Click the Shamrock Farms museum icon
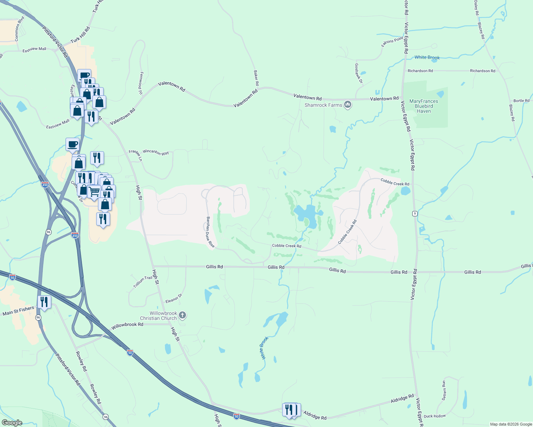click(x=348, y=105)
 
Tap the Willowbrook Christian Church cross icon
click(x=182, y=315)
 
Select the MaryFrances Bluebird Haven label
click(x=424, y=106)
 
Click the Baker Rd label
click(x=256, y=78)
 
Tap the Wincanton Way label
click(x=156, y=152)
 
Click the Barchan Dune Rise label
click(x=211, y=232)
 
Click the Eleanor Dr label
click(x=174, y=299)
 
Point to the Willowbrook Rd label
click(x=127, y=325)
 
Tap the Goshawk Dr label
click(x=358, y=73)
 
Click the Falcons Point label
click(x=392, y=42)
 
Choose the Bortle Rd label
click(x=521, y=101)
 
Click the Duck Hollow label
click(x=435, y=416)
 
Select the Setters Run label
click(x=444, y=390)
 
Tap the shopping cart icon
click(x=94, y=191)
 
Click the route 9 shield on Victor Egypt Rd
click(x=415, y=213)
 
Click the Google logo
click(x=12, y=422)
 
